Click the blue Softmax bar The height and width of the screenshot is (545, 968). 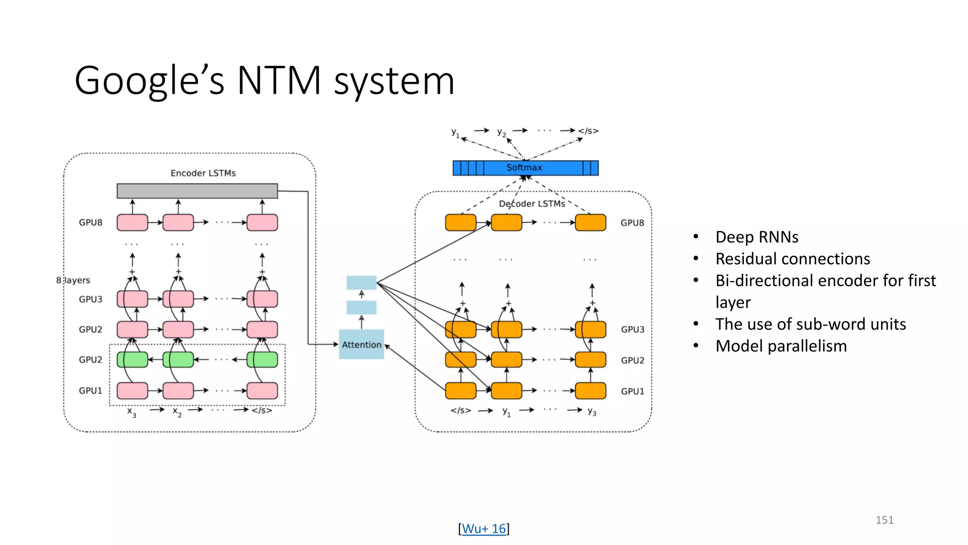(x=525, y=168)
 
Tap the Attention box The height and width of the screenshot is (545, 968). (x=362, y=344)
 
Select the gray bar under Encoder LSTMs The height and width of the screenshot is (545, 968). (x=197, y=191)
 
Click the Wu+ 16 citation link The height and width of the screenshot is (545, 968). (x=484, y=528)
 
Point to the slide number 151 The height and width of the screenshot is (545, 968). (x=884, y=520)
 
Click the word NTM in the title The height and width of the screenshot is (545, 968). (x=279, y=80)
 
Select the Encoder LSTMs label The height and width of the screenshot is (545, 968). (x=203, y=173)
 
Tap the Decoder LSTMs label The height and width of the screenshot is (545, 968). (x=532, y=204)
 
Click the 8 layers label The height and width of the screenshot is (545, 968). (x=73, y=280)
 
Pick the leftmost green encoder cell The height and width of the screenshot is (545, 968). (x=132, y=360)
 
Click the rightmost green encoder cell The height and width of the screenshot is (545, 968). (x=262, y=360)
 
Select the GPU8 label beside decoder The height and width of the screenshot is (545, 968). (x=632, y=223)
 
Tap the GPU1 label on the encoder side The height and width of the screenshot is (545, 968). (x=90, y=391)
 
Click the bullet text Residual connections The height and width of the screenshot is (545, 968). (x=793, y=259)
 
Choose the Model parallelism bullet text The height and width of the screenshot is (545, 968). (x=781, y=346)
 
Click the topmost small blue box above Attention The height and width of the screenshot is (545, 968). (x=362, y=282)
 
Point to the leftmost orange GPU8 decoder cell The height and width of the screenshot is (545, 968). (x=460, y=222)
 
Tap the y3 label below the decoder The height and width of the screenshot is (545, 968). (x=592, y=412)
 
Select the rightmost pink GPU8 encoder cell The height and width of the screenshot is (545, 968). (x=262, y=222)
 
